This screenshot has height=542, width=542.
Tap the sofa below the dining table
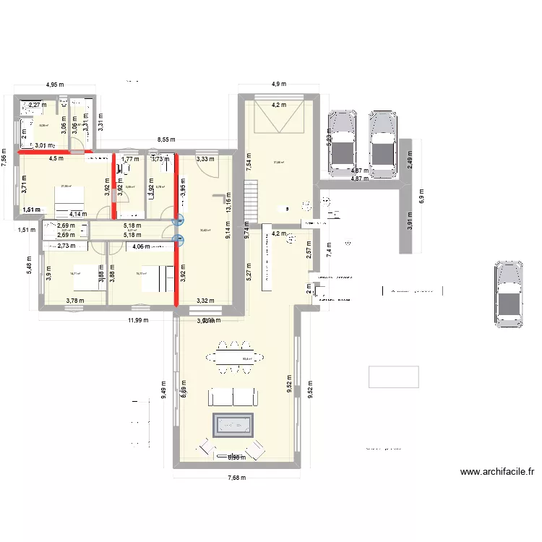231,396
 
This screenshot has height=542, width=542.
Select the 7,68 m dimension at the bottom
235,477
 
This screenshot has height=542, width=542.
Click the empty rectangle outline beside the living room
393,377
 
